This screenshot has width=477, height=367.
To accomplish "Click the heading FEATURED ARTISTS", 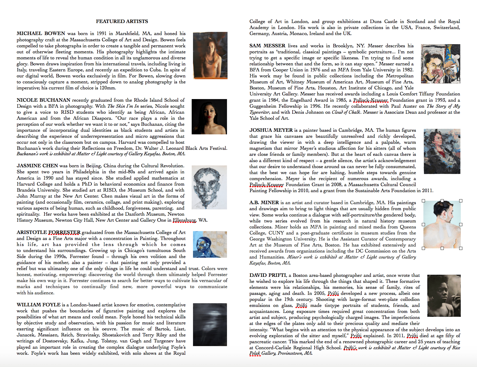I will coord(122,21).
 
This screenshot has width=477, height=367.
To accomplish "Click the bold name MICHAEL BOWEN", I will coord(41,33).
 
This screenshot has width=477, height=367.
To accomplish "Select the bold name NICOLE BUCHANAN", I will coord(43,100).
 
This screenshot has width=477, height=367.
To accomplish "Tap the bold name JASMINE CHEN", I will coord(37,166).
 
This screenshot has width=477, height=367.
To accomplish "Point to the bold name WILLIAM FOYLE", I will coord(39,305).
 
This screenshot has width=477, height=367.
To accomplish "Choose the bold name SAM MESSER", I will coord(267,46).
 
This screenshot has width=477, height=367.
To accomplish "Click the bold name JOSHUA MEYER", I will coord(271,130).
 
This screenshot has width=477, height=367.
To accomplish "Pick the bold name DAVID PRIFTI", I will coord(268,275).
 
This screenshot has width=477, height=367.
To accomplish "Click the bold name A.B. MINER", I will coord(264,203).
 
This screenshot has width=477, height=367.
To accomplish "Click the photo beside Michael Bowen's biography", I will coord(210,55).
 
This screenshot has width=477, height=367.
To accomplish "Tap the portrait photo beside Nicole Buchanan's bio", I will coord(209,117).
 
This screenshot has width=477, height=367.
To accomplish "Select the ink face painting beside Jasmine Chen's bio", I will coord(209,187).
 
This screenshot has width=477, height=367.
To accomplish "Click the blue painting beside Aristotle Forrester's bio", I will coord(210,244).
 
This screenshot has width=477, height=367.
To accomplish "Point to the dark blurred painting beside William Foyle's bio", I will coord(210,324).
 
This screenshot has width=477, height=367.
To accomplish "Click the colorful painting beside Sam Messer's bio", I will coord(440,64).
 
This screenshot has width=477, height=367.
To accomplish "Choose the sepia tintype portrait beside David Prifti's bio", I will coord(444,296).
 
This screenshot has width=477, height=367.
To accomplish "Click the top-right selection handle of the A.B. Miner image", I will coord(461,201).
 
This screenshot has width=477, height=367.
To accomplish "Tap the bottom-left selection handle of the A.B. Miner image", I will coord(423,248).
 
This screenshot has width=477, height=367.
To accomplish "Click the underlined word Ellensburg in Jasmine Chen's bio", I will coord(184,220).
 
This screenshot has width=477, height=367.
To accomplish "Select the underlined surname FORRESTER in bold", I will coord(64,232).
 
